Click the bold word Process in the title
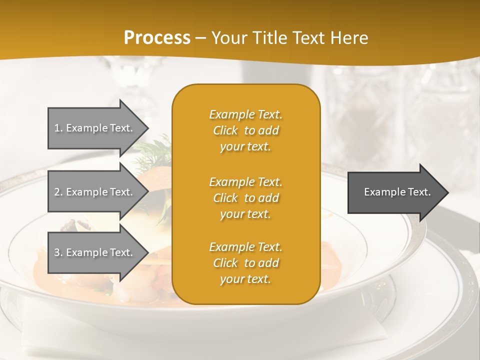pos(157,37)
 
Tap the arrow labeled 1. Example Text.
pos(95,128)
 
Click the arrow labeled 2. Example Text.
pos(95,192)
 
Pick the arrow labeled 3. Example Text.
pos(95,252)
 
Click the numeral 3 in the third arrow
pos(57,252)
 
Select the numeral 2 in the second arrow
pos(57,192)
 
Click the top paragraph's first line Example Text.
pos(245,114)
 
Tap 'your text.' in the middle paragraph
pos(245,214)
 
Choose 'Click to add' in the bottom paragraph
pos(245,263)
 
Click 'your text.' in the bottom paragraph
pos(245,279)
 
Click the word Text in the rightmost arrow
pos(420,192)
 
